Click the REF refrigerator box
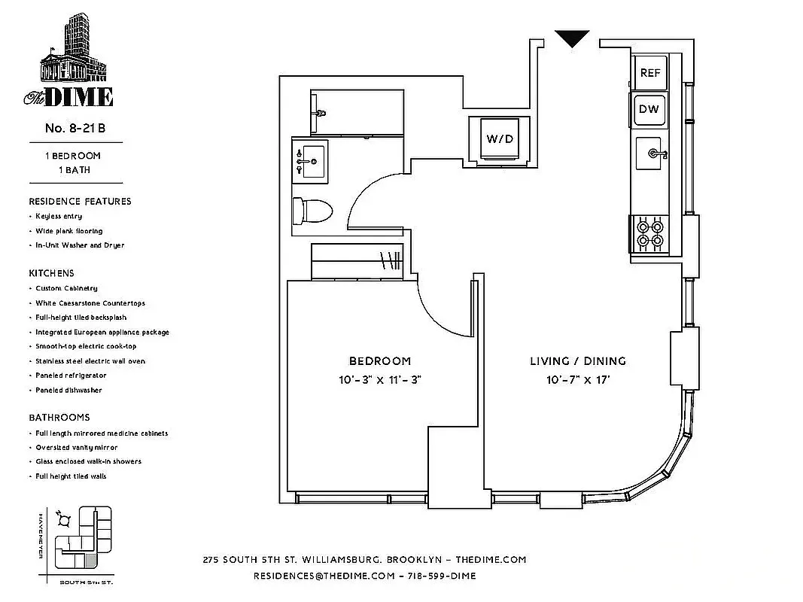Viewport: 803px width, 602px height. (649, 72)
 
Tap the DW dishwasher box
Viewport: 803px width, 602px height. (649, 109)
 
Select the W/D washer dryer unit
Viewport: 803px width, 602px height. (499, 139)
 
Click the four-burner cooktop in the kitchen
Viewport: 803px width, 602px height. (649, 234)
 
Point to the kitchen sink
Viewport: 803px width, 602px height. (652, 156)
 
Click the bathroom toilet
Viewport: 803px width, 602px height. (312, 211)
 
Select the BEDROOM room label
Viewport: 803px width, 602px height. (379, 361)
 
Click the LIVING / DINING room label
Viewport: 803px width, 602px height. (577, 361)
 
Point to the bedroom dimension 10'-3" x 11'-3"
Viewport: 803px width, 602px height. (379, 380)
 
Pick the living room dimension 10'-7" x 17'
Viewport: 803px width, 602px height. (577, 380)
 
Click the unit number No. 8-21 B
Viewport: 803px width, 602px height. (75, 128)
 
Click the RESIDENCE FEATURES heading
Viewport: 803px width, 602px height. (80, 201)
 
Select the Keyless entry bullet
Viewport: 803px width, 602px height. (59, 216)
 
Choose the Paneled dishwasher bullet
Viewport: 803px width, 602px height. (68, 390)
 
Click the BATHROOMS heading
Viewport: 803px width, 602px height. (59, 417)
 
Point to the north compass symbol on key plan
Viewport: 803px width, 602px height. (65, 518)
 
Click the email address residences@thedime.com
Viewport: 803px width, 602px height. (324, 576)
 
